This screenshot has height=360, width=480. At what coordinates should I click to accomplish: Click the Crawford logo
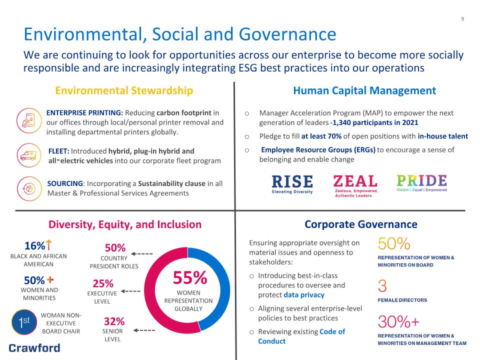coord(34,348)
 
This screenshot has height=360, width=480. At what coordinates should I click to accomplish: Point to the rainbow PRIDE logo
coord(421,183)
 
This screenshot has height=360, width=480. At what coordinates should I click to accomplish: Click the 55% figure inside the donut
coord(190,277)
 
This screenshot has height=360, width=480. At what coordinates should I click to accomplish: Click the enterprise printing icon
coord(29,120)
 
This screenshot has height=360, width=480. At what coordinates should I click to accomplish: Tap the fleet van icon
coord(29,155)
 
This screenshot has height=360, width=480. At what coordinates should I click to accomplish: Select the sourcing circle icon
coord(29,188)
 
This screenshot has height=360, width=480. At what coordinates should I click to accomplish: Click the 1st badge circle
coord(24,322)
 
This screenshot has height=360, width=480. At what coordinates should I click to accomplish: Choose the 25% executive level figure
coord(103,283)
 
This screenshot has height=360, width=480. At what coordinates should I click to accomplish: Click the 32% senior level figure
coord(114,321)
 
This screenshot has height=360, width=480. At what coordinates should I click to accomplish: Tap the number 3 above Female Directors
coord(382,286)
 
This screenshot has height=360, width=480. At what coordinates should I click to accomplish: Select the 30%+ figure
coord(398,321)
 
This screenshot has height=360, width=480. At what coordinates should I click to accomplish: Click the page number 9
coord(462,19)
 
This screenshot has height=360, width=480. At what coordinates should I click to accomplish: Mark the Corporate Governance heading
coord(361,224)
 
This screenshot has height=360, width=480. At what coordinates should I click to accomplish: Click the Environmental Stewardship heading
coord(124,90)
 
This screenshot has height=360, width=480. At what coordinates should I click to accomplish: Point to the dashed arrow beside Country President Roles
coord(142,254)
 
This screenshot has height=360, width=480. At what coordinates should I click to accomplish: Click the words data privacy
coord(304,295)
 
